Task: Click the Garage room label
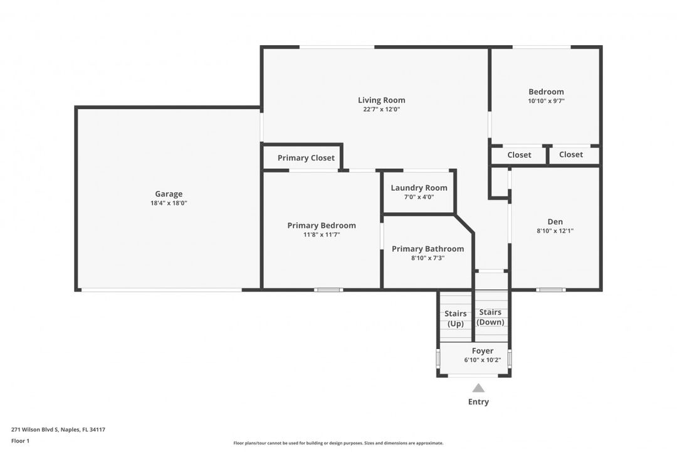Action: click(x=169, y=194)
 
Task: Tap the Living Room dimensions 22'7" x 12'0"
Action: click(x=382, y=109)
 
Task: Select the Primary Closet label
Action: click(x=306, y=158)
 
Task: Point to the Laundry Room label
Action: click(x=419, y=188)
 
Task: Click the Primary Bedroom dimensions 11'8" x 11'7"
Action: click(x=322, y=234)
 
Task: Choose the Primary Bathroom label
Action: click(x=428, y=249)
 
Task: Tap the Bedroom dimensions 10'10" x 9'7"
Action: click(x=546, y=101)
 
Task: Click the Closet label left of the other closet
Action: click(x=520, y=155)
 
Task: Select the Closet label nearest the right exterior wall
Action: click(x=571, y=154)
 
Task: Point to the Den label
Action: click(x=555, y=222)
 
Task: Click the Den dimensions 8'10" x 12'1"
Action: click(x=555, y=230)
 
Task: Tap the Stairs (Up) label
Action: click(x=456, y=318)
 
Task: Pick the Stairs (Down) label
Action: click(x=490, y=317)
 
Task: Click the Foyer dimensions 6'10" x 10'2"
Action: click(x=483, y=360)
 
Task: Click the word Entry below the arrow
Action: click(x=478, y=401)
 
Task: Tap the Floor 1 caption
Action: click(x=20, y=441)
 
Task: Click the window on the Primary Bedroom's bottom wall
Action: click(x=328, y=290)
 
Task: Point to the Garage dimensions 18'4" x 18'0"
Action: click(x=169, y=203)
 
